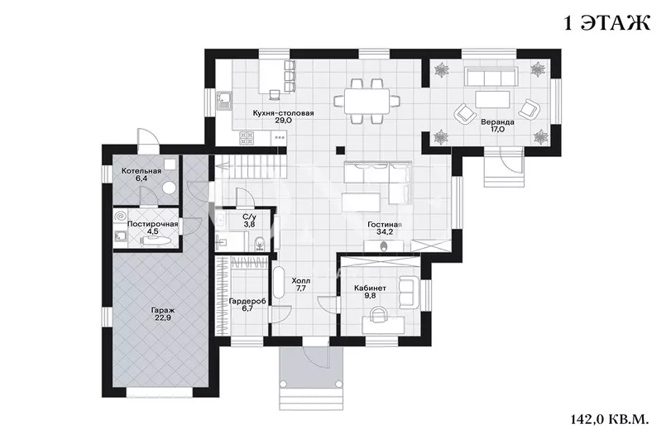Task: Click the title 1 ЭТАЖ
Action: point(607,23)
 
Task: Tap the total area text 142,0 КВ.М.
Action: point(610,420)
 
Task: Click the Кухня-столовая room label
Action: point(283,113)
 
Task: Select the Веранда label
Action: point(497,122)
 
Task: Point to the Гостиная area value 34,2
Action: point(385,232)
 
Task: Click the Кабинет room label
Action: point(370,288)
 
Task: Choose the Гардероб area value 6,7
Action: point(247,308)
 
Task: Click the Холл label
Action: point(300,281)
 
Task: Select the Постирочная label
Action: point(152,224)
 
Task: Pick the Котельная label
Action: point(141,171)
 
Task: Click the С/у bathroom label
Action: point(249,217)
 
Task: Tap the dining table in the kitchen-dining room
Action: point(367,102)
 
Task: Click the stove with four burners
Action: point(247,137)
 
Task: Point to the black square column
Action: point(340,150)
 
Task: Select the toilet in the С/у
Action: point(259,245)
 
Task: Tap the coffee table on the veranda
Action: point(493,99)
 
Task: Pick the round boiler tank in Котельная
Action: point(170,188)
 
